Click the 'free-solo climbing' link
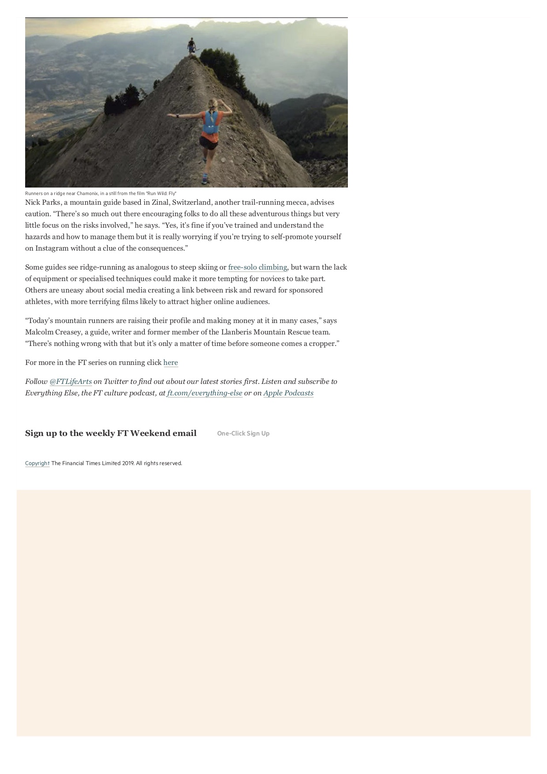257,267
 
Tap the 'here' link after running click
170,363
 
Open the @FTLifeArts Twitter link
71,382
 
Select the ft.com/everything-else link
205,393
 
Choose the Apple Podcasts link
288,393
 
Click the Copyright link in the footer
37,463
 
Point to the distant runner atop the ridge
191,46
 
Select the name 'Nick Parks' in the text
42,203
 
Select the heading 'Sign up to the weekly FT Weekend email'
111,433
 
